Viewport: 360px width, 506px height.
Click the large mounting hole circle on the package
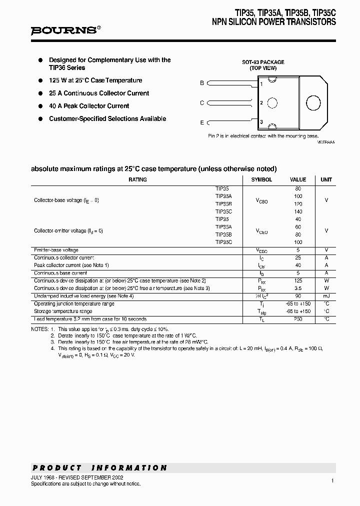coord(313,103)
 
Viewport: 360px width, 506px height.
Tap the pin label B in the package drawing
coord(202,83)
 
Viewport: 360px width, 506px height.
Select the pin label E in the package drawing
coord(202,122)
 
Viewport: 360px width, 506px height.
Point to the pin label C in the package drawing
coord(202,103)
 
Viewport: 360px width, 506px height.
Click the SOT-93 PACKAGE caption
coord(263,62)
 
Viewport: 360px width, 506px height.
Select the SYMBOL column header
coord(261,179)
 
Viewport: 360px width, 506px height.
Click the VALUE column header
coord(298,179)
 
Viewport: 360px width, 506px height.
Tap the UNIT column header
coord(326,179)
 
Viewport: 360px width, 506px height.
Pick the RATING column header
coord(137,179)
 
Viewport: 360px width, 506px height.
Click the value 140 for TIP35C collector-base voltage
coord(298,211)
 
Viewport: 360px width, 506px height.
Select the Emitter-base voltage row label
coord(56,250)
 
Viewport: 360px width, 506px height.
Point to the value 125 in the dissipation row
coord(298,281)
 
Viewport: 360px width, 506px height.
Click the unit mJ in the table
coord(326,296)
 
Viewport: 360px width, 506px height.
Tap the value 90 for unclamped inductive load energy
coord(298,296)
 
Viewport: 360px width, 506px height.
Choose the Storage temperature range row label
coord(63,311)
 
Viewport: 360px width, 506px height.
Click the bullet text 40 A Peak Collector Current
coord(89,106)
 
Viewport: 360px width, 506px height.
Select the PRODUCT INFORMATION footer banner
coord(99,468)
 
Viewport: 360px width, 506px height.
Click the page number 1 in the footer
coord(332,480)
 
